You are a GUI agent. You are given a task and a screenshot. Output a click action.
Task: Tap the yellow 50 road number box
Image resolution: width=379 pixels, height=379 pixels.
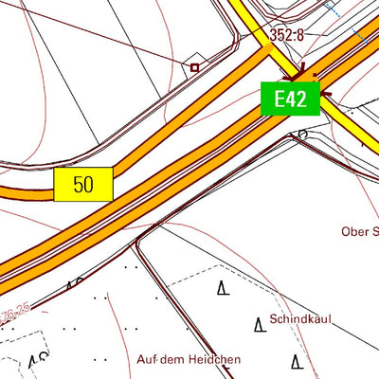click(x=83, y=184)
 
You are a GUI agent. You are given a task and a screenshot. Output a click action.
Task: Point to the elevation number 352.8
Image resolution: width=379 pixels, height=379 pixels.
click(x=287, y=35)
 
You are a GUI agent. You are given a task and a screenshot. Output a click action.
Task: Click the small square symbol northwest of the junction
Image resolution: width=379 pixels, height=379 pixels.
click(x=194, y=67)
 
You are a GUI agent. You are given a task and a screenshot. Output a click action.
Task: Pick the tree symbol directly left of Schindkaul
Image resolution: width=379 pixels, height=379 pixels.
click(x=259, y=325)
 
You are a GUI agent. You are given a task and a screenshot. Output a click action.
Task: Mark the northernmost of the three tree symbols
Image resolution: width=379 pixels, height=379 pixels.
click(x=224, y=288)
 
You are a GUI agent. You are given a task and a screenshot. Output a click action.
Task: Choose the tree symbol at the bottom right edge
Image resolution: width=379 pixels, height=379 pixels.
click(x=298, y=362)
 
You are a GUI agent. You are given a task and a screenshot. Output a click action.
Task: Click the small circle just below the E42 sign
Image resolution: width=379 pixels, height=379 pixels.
click(x=302, y=135)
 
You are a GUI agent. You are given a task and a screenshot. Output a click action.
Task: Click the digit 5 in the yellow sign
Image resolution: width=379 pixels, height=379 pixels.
click(x=78, y=184)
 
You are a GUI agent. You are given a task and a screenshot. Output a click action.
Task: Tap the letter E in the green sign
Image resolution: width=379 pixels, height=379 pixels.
click(x=280, y=99)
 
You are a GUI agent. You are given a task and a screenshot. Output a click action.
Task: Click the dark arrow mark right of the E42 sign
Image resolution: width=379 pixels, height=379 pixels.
click(x=327, y=93)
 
